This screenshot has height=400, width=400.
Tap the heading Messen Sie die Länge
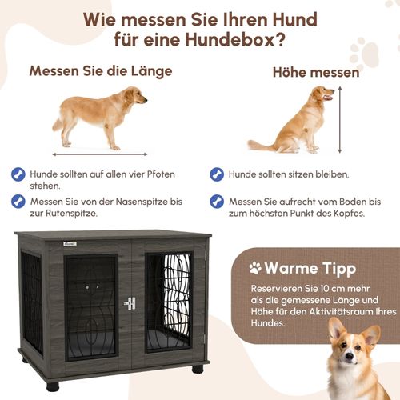[x=101, y=70]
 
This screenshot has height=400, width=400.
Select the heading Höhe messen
[x=315, y=73]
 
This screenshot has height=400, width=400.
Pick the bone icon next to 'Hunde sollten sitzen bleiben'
[x=216, y=174]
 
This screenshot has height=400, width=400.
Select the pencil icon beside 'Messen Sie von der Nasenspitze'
[x=17, y=201]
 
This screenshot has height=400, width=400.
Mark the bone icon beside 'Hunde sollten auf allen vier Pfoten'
[x=17, y=174]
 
